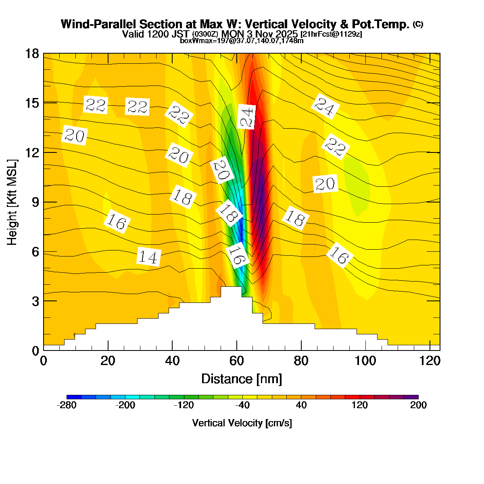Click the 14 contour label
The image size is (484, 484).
149,257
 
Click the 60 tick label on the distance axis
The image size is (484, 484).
237,361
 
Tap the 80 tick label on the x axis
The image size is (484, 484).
301,361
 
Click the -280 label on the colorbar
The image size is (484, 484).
67,405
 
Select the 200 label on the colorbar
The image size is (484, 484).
418,405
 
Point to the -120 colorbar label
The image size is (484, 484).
184,405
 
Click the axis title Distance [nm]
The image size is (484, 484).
241,379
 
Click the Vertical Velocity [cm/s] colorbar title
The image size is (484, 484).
242,423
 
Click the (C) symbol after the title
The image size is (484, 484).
418,24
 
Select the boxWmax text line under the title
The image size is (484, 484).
241,40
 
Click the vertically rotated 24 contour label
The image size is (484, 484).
246,117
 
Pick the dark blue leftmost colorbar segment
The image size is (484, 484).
74,397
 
